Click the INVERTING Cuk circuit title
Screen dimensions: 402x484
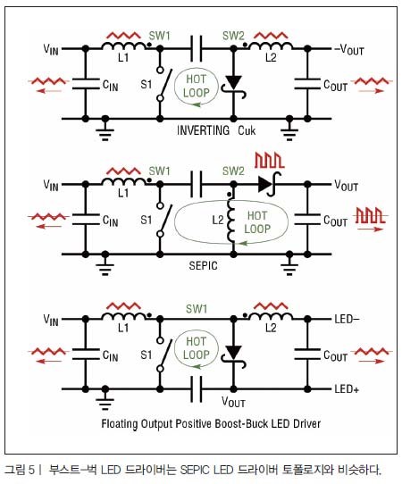tap(216, 130)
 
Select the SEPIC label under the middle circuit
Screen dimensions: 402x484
tap(203, 265)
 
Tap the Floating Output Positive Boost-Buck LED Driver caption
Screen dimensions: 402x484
tap(211, 423)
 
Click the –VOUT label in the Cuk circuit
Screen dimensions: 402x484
tap(349, 49)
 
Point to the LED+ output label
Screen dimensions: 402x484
tap(347, 389)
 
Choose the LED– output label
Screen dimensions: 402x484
tap(347, 319)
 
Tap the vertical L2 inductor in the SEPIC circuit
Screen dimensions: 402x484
tap(231, 220)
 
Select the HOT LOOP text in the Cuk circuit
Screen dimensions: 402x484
tap(196, 86)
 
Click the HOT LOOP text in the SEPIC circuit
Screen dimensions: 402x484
tap(257, 222)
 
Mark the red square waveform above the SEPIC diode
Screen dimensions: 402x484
tap(269, 161)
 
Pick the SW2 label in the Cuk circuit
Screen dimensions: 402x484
tap(233, 36)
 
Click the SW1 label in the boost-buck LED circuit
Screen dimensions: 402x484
tap(197, 309)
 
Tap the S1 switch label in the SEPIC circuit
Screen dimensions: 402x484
tap(146, 220)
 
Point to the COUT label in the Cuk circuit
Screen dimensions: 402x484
tap(335, 85)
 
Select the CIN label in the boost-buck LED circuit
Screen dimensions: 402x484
tap(110, 355)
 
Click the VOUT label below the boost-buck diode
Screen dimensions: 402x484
tap(233, 402)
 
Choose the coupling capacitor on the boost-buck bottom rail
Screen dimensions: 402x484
tap(197, 389)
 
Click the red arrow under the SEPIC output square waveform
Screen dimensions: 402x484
tap(371, 229)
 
